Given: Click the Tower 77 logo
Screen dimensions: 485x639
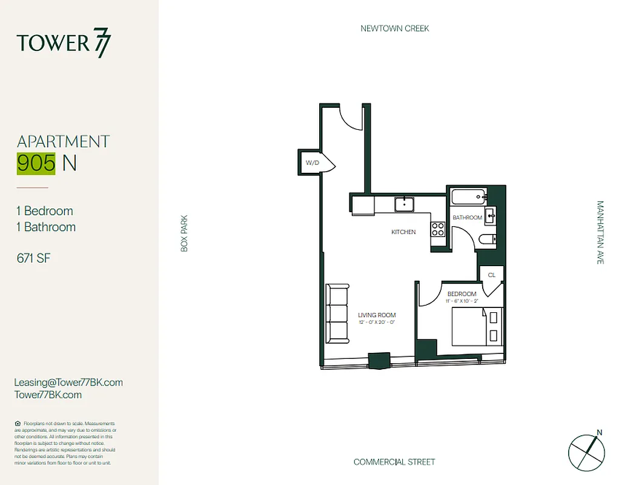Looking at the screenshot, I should click(64, 43).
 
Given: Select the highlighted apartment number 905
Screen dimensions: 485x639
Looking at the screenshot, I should click(37, 163).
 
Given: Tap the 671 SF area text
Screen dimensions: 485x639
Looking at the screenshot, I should click(33, 258).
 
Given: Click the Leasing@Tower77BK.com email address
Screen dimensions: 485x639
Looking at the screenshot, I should click(68, 383).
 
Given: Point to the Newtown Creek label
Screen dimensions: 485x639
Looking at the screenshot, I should click(394, 28).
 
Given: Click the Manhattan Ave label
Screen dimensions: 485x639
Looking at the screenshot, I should click(600, 232).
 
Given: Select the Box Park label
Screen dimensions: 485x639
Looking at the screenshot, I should click(184, 233).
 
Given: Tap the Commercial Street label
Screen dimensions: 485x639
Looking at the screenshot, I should click(394, 462).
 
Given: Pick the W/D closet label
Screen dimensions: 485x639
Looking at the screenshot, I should click(312, 163).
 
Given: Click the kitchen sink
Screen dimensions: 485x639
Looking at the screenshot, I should click(403, 204).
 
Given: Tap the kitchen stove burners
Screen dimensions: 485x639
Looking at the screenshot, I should click(437, 229).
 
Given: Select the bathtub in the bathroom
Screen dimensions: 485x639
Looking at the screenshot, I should click(469, 196).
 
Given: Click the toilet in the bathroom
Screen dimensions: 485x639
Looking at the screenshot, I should click(487, 240).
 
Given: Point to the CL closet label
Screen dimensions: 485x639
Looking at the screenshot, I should click(491, 275).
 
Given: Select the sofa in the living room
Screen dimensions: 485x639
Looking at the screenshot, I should click(337, 313).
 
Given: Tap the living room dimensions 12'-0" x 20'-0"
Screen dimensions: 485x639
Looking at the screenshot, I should click(376, 323).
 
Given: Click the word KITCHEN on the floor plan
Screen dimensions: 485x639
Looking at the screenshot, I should click(403, 232).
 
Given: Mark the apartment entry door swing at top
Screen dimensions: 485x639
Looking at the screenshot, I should click(349, 116).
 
